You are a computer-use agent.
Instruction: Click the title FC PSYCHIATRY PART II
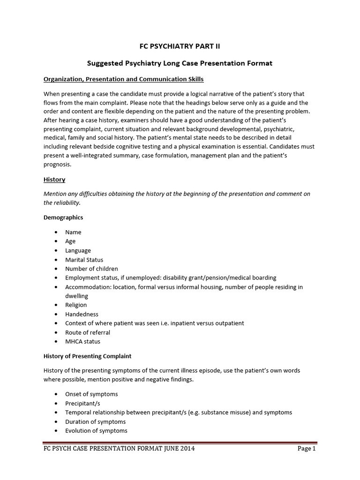tap(180, 46)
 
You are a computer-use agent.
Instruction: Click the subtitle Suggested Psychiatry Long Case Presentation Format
tap(180, 63)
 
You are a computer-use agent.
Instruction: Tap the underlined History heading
tap(54, 180)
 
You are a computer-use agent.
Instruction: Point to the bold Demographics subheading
tap(63, 217)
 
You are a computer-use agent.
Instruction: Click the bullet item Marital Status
tap(84, 260)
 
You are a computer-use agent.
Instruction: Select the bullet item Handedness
tap(82, 314)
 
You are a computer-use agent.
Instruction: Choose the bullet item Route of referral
tap(88, 332)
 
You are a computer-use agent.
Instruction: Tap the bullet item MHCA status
tap(82, 342)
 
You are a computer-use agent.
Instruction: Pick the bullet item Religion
tap(76, 305)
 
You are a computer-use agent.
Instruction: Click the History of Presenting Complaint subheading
tap(87, 356)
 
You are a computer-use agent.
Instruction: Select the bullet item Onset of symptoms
tap(91, 394)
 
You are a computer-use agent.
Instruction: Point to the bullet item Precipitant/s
tap(82, 403)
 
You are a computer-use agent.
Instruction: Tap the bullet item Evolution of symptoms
tap(96, 431)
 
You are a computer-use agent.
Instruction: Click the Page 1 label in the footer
tap(307, 449)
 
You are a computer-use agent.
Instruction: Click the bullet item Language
tap(78, 250)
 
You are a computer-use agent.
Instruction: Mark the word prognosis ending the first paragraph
tap(57, 165)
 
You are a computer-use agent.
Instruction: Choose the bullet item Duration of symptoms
tap(95, 422)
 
